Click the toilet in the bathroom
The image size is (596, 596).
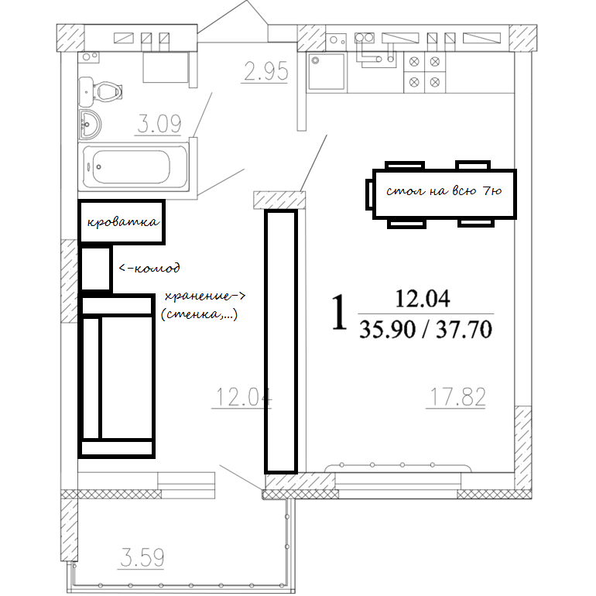101,91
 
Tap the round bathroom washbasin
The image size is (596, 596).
90,125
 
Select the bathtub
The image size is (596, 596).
134,167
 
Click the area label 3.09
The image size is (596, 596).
159,124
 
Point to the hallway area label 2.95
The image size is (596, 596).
265,71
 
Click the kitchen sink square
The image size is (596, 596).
327,71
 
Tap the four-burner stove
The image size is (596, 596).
424,72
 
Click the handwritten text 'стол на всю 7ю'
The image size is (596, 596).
444,190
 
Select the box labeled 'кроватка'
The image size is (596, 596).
122,221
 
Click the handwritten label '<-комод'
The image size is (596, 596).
149,268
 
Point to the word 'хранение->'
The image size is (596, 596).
205,296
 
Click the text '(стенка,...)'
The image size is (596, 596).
199,314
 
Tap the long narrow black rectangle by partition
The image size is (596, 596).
281,341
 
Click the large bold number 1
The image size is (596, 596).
339,312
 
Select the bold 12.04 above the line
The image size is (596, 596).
423,298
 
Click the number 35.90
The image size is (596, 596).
387,329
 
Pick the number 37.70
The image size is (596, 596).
464,329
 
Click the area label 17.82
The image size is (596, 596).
457,397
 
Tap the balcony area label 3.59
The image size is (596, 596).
142,557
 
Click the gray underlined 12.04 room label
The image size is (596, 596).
243,397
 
